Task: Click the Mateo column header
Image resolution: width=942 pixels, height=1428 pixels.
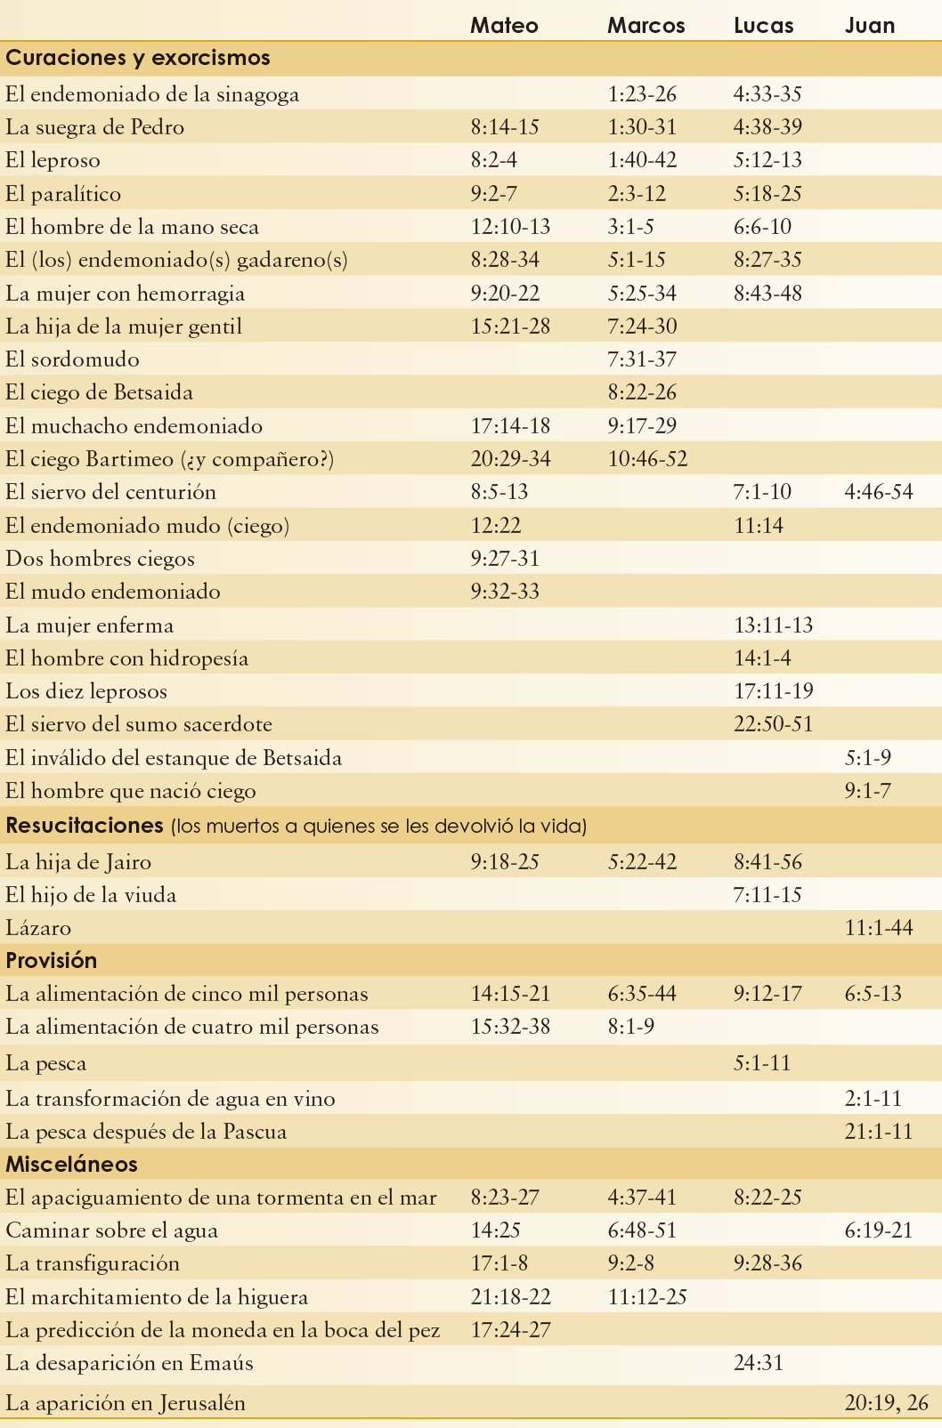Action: [x=504, y=25]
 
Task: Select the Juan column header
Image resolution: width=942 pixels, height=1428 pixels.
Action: [x=869, y=25]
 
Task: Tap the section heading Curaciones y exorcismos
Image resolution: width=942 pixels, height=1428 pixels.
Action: [x=138, y=59]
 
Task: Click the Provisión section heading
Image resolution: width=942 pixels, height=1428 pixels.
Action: [x=52, y=961]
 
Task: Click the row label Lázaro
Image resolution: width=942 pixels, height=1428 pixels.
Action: [x=38, y=928]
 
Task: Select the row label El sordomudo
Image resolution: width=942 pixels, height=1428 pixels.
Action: [x=72, y=359]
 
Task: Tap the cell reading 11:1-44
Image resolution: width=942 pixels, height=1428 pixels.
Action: [x=878, y=928]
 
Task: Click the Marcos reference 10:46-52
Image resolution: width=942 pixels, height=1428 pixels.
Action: [x=647, y=459]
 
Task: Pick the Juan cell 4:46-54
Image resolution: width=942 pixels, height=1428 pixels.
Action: [x=878, y=492]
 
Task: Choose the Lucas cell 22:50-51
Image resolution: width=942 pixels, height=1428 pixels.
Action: [x=773, y=724]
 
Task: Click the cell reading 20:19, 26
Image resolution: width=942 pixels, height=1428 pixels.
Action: [x=886, y=1403]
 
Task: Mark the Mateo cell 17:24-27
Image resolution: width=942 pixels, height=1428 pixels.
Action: [x=510, y=1330]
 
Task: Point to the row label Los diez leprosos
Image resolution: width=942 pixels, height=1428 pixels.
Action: [x=86, y=691]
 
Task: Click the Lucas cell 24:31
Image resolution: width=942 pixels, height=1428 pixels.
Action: [x=759, y=1363]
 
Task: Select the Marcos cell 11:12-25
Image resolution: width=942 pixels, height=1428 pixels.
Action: [x=647, y=1297]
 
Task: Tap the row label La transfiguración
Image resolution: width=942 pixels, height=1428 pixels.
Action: [x=93, y=1263]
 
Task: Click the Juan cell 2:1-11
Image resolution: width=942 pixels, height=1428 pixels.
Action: [x=873, y=1099]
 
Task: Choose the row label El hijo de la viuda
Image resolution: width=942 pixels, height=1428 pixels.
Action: [x=91, y=895]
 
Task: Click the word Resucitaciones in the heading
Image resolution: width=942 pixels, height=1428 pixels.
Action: [x=84, y=826]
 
